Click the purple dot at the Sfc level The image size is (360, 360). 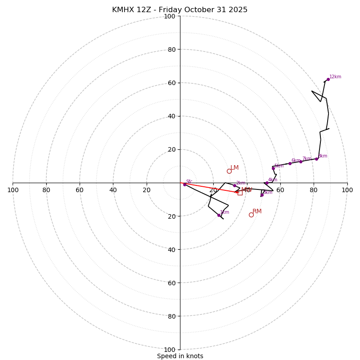pyautogui.click(x=184, y=184)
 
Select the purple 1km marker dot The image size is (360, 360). pyautogui.click(x=219, y=215)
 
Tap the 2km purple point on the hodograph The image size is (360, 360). pyautogui.click(x=234, y=185)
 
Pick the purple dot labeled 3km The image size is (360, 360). pyautogui.click(x=262, y=195)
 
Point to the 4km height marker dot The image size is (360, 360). pyautogui.click(x=266, y=183)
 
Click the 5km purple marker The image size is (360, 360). pyautogui.click(x=273, y=169)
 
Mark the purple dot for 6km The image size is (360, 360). pyautogui.click(x=290, y=163)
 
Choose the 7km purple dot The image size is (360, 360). pyautogui.click(x=301, y=162)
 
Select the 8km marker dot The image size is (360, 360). pyautogui.click(x=316, y=159)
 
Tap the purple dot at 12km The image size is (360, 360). pyautogui.click(x=328, y=79)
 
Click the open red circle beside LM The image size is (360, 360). pyautogui.click(x=229, y=171)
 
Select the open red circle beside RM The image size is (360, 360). pyautogui.click(x=251, y=215)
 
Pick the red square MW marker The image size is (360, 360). pyautogui.click(x=240, y=193)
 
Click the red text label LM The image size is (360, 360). pyautogui.click(x=234, y=168)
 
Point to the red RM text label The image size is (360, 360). pyautogui.click(x=257, y=211)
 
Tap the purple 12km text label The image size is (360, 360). pyautogui.click(x=335, y=77)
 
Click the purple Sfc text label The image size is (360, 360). pyautogui.click(x=189, y=182)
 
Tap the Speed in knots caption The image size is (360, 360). pyautogui.click(x=180, y=356)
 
